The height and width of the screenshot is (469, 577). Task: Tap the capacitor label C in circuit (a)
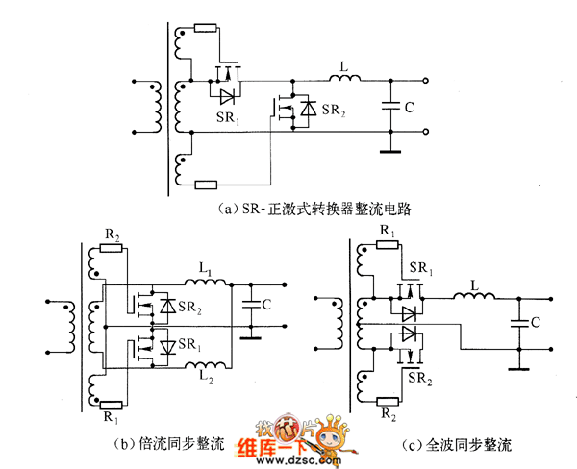point(410,108)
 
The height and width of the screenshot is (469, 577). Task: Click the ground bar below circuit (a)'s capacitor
point(389,150)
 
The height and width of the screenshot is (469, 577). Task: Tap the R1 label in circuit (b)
point(112,419)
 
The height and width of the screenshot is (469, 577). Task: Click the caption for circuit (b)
point(168,444)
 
